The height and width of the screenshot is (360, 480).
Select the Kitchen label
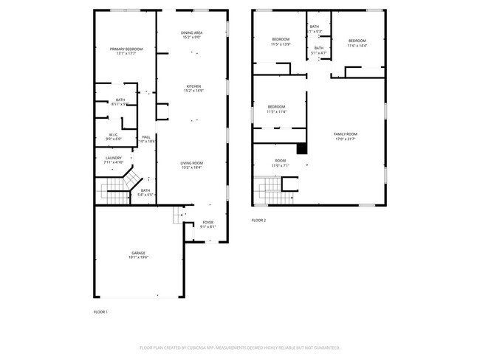tap(193, 88)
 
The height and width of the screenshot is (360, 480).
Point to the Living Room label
tap(192, 165)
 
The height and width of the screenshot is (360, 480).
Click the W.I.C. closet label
tap(113, 136)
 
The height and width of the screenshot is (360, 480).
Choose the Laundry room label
tap(113, 159)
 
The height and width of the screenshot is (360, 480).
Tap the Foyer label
tap(208, 224)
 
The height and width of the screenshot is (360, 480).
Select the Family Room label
tap(345, 136)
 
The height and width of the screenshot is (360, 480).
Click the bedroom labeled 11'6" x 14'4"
tap(357, 43)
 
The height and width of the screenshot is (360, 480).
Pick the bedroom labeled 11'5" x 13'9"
tap(281, 42)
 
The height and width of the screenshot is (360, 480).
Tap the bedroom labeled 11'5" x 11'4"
tap(276, 109)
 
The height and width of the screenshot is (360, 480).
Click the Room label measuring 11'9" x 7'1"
tap(281, 163)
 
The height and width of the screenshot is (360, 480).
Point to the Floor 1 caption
tap(100, 312)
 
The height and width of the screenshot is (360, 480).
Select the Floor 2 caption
tap(258, 221)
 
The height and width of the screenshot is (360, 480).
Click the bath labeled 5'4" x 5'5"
tap(145, 193)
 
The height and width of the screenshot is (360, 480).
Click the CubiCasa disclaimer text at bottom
tap(239, 347)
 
